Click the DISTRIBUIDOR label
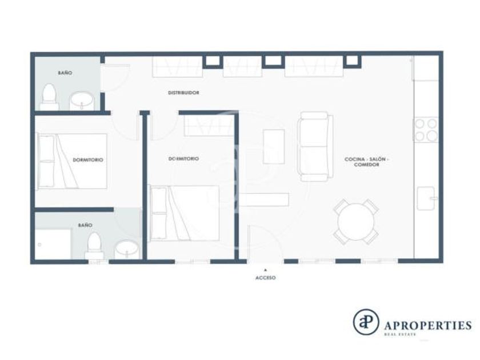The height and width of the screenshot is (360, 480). pyautogui.click(x=183, y=93)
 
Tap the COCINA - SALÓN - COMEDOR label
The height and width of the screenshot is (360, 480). pyautogui.click(x=366, y=162)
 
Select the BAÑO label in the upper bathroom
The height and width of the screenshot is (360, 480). pyautogui.click(x=65, y=73)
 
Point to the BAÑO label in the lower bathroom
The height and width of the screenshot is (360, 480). pyautogui.click(x=85, y=225)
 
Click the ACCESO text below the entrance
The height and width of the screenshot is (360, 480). pyautogui.click(x=265, y=278)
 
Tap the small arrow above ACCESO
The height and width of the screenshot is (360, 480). pyautogui.click(x=265, y=270)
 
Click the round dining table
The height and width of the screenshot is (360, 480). pyautogui.click(x=356, y=222)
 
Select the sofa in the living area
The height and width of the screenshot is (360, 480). pyautogui.click(x=315, y=147)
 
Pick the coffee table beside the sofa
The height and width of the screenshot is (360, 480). pyautogui.click(x=274, y=147)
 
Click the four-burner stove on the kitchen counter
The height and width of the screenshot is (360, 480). pyautogui.click(x=426, y=130)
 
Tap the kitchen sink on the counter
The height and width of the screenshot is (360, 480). pyautogui.click(x=426, y=198)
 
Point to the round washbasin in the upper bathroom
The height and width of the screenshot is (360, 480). pyautogui.click(x=82, y=101)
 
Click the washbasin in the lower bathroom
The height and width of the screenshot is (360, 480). pyautogui.click(x=127, y=249)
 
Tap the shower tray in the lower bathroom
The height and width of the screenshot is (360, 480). pyautogui.click(x=53, y=245)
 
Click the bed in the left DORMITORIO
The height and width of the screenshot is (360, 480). pyautogui.click(x=72, y=161)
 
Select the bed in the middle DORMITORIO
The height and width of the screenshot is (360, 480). pyautogui.click(x=185, y=213)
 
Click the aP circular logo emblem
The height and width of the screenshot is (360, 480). pyautogui.click(x=366, y=322)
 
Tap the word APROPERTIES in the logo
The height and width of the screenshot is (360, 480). pyautogui.click(x=427, y=325)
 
